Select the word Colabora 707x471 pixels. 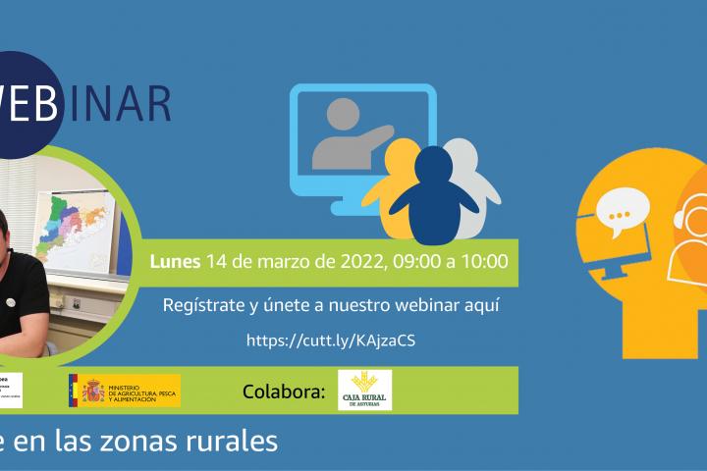click(x=283, y=392)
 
